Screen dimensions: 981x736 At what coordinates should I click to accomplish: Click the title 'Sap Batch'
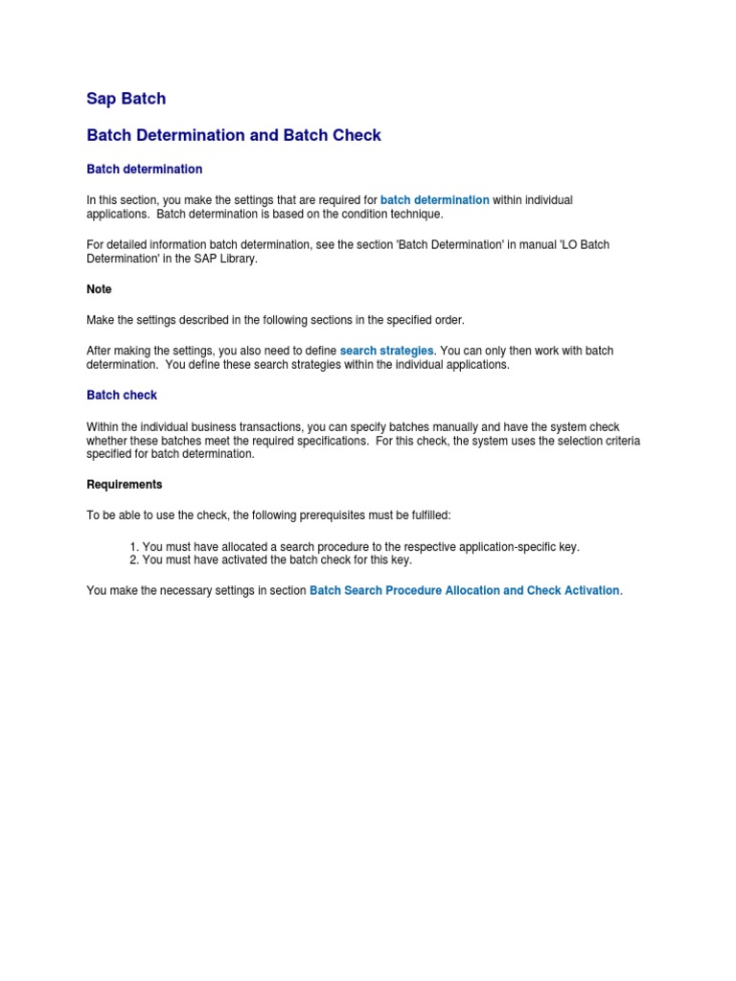click(x=126, y=99)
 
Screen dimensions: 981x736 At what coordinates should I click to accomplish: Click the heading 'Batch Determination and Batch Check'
click(x=234, y=135)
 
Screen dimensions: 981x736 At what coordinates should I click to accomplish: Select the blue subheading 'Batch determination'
click(x=144, y=170)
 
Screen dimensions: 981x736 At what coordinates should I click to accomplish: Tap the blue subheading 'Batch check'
click(x=122, y=396)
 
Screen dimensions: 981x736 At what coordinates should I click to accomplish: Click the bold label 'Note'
click(x=99, y=289)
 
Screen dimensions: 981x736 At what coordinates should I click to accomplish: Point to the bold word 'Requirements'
click(x=125, y=485)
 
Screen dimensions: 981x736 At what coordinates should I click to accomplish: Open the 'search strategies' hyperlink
click(x=386, y=352)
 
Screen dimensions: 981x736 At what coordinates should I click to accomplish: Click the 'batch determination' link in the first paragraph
click(x=434, y=200)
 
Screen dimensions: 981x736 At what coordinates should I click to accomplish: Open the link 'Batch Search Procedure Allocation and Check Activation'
click(x=464, y=591)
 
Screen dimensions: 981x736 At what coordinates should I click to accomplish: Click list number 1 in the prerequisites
click(x=134, y=547)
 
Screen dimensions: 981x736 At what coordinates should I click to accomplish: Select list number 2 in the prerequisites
click(x=134, y=560)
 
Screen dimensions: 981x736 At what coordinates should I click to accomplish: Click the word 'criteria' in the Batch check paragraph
click(x=619, y=441)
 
